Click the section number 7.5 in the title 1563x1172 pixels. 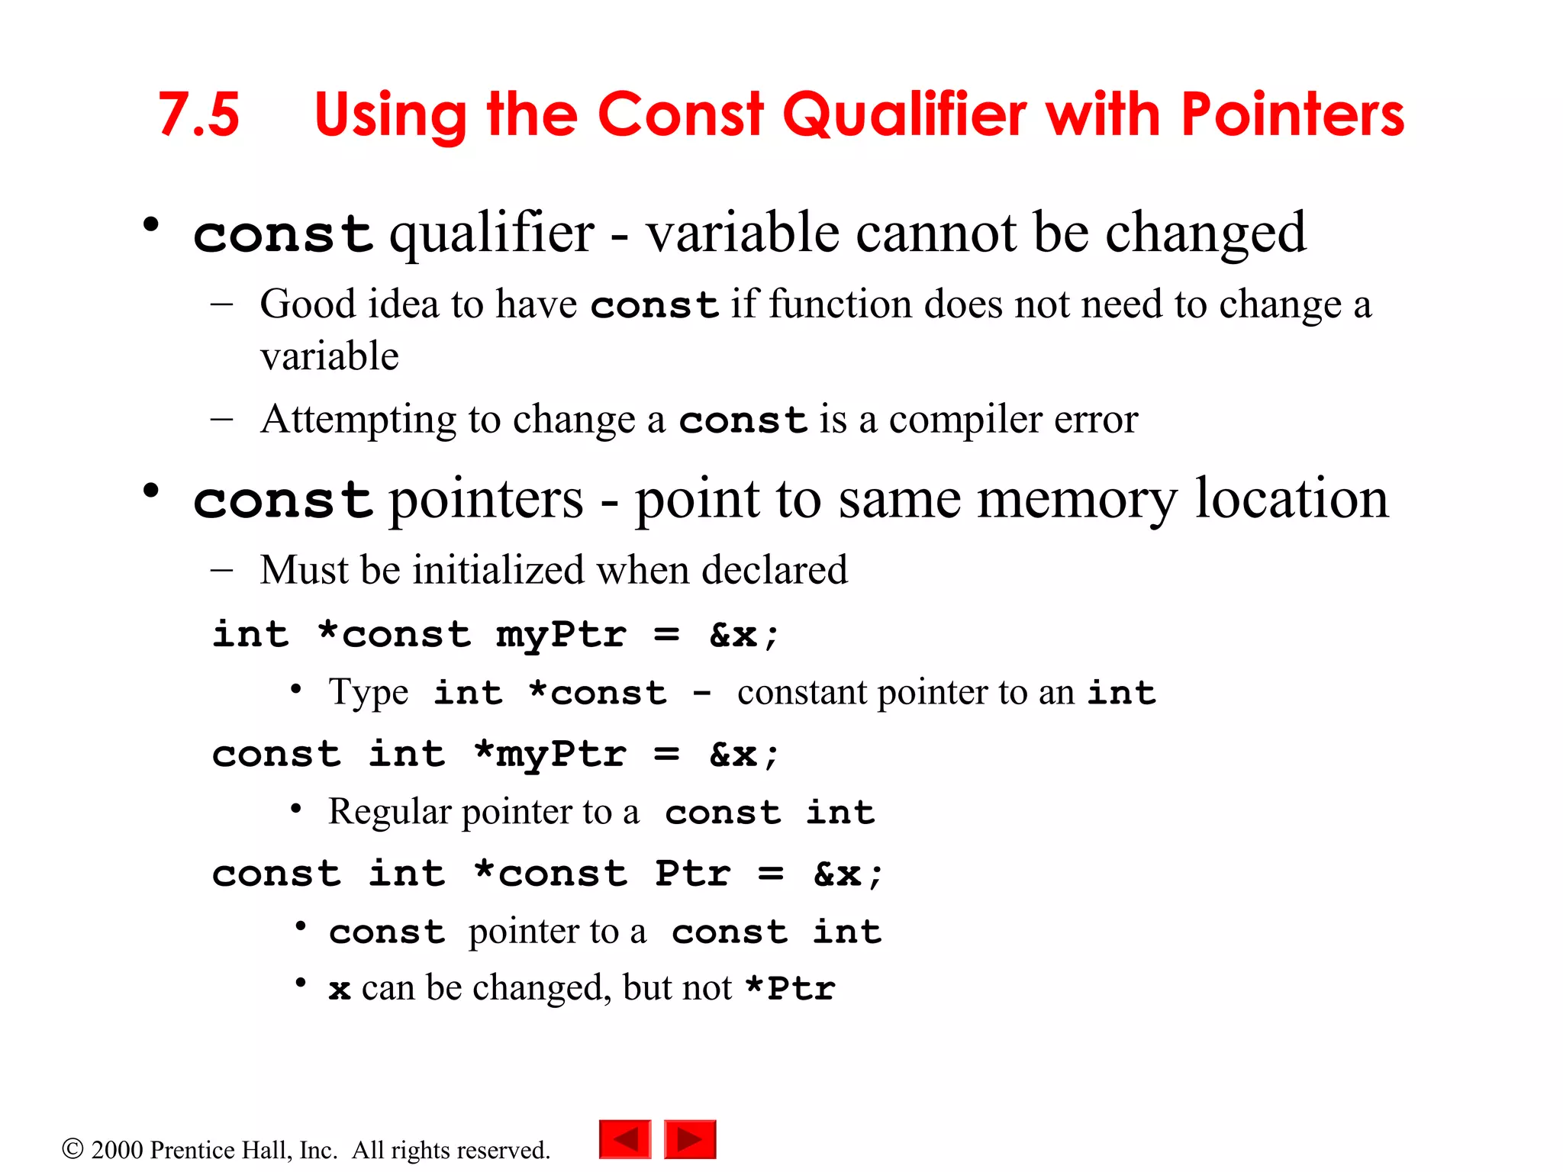pos(198,114)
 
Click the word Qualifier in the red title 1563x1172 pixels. pos(904,114)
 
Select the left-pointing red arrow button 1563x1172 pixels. pos(625,1139)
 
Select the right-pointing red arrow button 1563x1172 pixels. pos(690,1139)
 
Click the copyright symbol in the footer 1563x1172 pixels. pos(72,1148)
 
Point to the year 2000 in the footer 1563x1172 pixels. pos(117,1150)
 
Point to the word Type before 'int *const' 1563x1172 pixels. pos(369,693)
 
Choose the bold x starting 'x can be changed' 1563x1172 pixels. pos(340,990)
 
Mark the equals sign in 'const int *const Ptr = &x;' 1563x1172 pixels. pos(771,874)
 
